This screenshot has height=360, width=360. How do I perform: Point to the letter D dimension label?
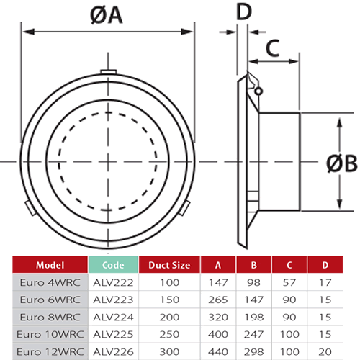244,12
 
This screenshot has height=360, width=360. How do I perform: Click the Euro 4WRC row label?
46,282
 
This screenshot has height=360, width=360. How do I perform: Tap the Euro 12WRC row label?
45,351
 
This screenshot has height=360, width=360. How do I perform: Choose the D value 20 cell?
324,351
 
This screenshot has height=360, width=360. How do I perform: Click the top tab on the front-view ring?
107,72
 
